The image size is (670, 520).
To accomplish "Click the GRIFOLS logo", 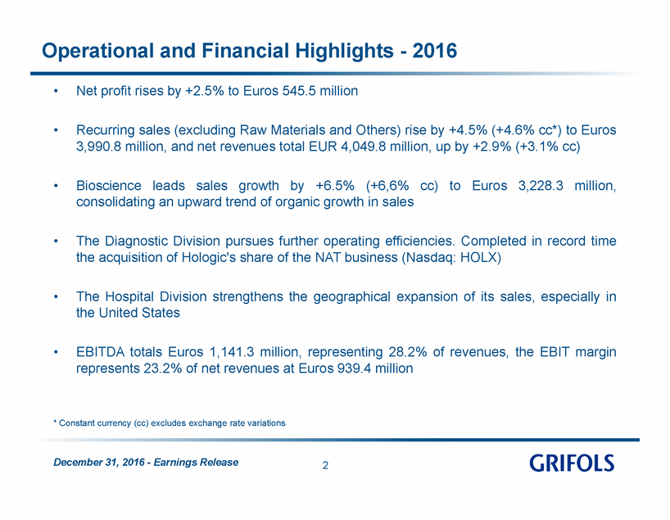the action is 572,463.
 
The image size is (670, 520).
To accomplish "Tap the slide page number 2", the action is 325,465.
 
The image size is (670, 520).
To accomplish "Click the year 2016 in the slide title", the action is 435,51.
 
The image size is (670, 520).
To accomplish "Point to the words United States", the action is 139,313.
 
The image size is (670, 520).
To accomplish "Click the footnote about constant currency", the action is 170,423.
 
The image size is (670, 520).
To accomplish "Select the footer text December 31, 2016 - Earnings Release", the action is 146,463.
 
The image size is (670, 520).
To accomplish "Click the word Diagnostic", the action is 137,241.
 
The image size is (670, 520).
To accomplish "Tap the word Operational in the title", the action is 97,51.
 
